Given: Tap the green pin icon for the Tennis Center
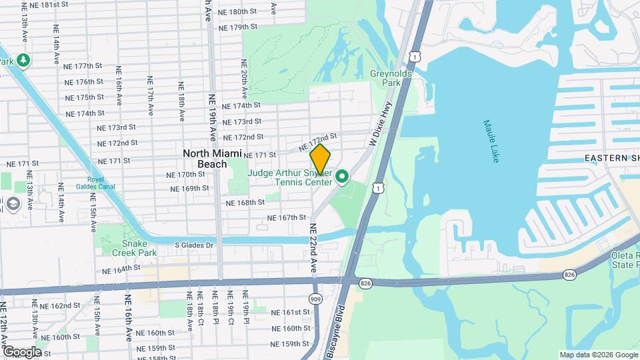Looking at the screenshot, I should click(x=343, y=177).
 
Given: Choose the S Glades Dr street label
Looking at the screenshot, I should click(x=194, y=245).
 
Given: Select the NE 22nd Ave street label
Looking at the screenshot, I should click(x=312, y=247).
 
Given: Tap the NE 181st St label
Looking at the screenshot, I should click(x=45, y=5).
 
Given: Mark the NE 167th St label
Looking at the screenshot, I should click(x=286, y=218).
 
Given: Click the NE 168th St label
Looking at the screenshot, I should click(x=245, y=203).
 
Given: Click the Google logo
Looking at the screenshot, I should click(x=22, y=352).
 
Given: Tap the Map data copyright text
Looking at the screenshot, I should click(x=597, y=355).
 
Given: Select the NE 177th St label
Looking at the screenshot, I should click(x=83, y=66).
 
